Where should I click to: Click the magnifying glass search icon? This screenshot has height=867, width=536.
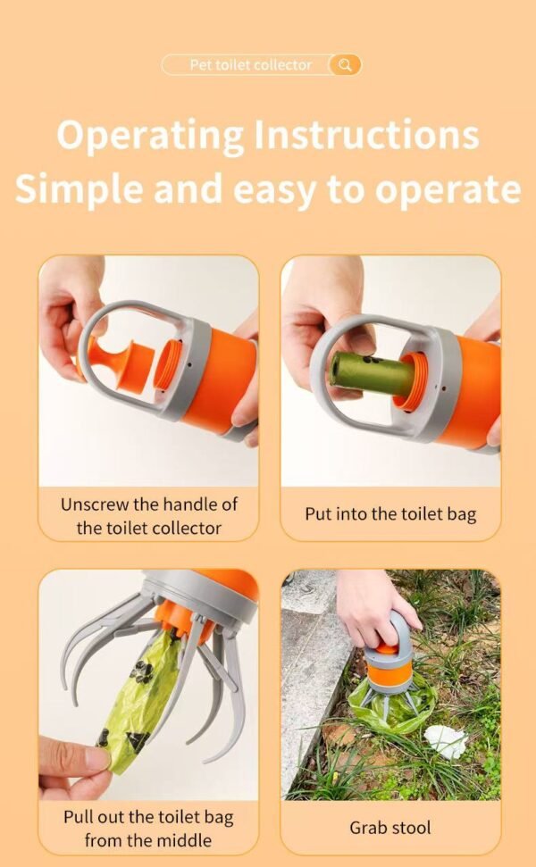(x=345, y=65)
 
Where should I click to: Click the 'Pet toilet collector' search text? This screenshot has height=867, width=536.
(x=251, y=65)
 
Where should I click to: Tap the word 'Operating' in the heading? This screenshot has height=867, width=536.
(x=149, y=136)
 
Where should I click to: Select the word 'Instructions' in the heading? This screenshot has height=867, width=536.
(x=366, y=136)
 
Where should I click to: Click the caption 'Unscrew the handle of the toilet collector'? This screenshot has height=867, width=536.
(x=148, y=515)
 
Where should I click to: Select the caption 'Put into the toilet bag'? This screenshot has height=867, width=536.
(x=390, y=514)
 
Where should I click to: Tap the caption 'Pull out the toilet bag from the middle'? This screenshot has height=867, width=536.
(x=148, y=828)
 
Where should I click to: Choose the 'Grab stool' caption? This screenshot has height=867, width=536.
(x=390, y=828)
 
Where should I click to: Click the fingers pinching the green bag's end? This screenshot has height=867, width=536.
(x=76, y=763)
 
